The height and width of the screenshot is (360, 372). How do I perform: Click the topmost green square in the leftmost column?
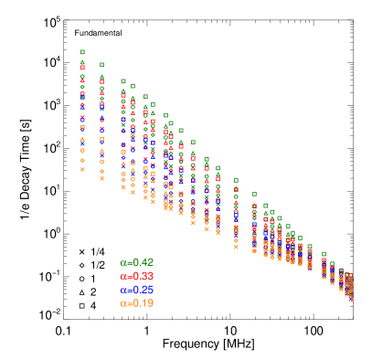[82, 52]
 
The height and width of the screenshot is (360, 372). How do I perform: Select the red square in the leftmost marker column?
[82, 68]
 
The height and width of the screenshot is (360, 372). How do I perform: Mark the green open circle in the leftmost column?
[82, 77]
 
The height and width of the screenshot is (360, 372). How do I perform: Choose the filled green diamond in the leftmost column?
[82, 87]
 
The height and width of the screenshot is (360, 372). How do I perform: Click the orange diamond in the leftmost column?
[82, 161]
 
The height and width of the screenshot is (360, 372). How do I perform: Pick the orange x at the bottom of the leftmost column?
[82, 169]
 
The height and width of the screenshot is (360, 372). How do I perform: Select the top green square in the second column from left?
[101, 65]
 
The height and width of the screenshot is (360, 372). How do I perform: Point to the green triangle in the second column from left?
[101, 77]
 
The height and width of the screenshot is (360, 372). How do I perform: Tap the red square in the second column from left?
[101, 80]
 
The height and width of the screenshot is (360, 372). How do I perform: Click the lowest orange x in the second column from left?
[101, 178]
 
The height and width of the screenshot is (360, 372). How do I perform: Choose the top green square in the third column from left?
[123, 80]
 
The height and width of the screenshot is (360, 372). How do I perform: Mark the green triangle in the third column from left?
[123, 91]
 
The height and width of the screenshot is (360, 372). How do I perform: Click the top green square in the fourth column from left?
[133, 87]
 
